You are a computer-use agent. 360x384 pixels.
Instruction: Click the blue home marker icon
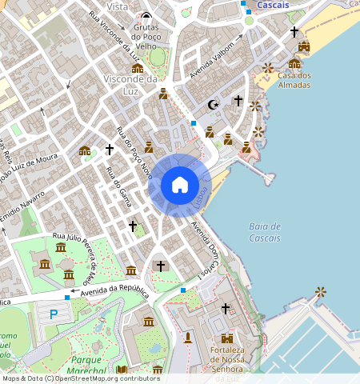click(180, 185)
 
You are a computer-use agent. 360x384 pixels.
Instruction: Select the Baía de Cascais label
click(265, 232)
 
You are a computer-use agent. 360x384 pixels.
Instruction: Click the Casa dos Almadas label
click(294, 80)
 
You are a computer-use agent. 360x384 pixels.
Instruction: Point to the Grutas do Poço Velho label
click(146, 36)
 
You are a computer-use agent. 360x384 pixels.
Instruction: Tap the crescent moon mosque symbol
click(213, 104)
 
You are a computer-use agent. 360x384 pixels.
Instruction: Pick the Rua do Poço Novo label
click(134, 151)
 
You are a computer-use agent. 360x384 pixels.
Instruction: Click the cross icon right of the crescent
click(238, 101)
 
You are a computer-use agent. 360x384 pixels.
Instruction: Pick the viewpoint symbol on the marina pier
click(321, 292)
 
